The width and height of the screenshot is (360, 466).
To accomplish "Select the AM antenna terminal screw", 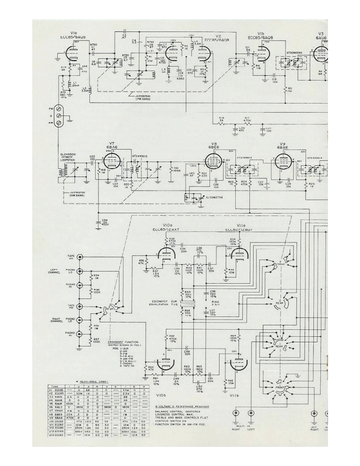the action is [x=59, y=123].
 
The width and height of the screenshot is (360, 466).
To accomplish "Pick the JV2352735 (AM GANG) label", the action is [x=74, y=194].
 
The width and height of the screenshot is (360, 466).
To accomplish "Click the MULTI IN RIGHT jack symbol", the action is [x=237, y=413].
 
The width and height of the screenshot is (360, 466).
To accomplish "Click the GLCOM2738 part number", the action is [x=215, y=197].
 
